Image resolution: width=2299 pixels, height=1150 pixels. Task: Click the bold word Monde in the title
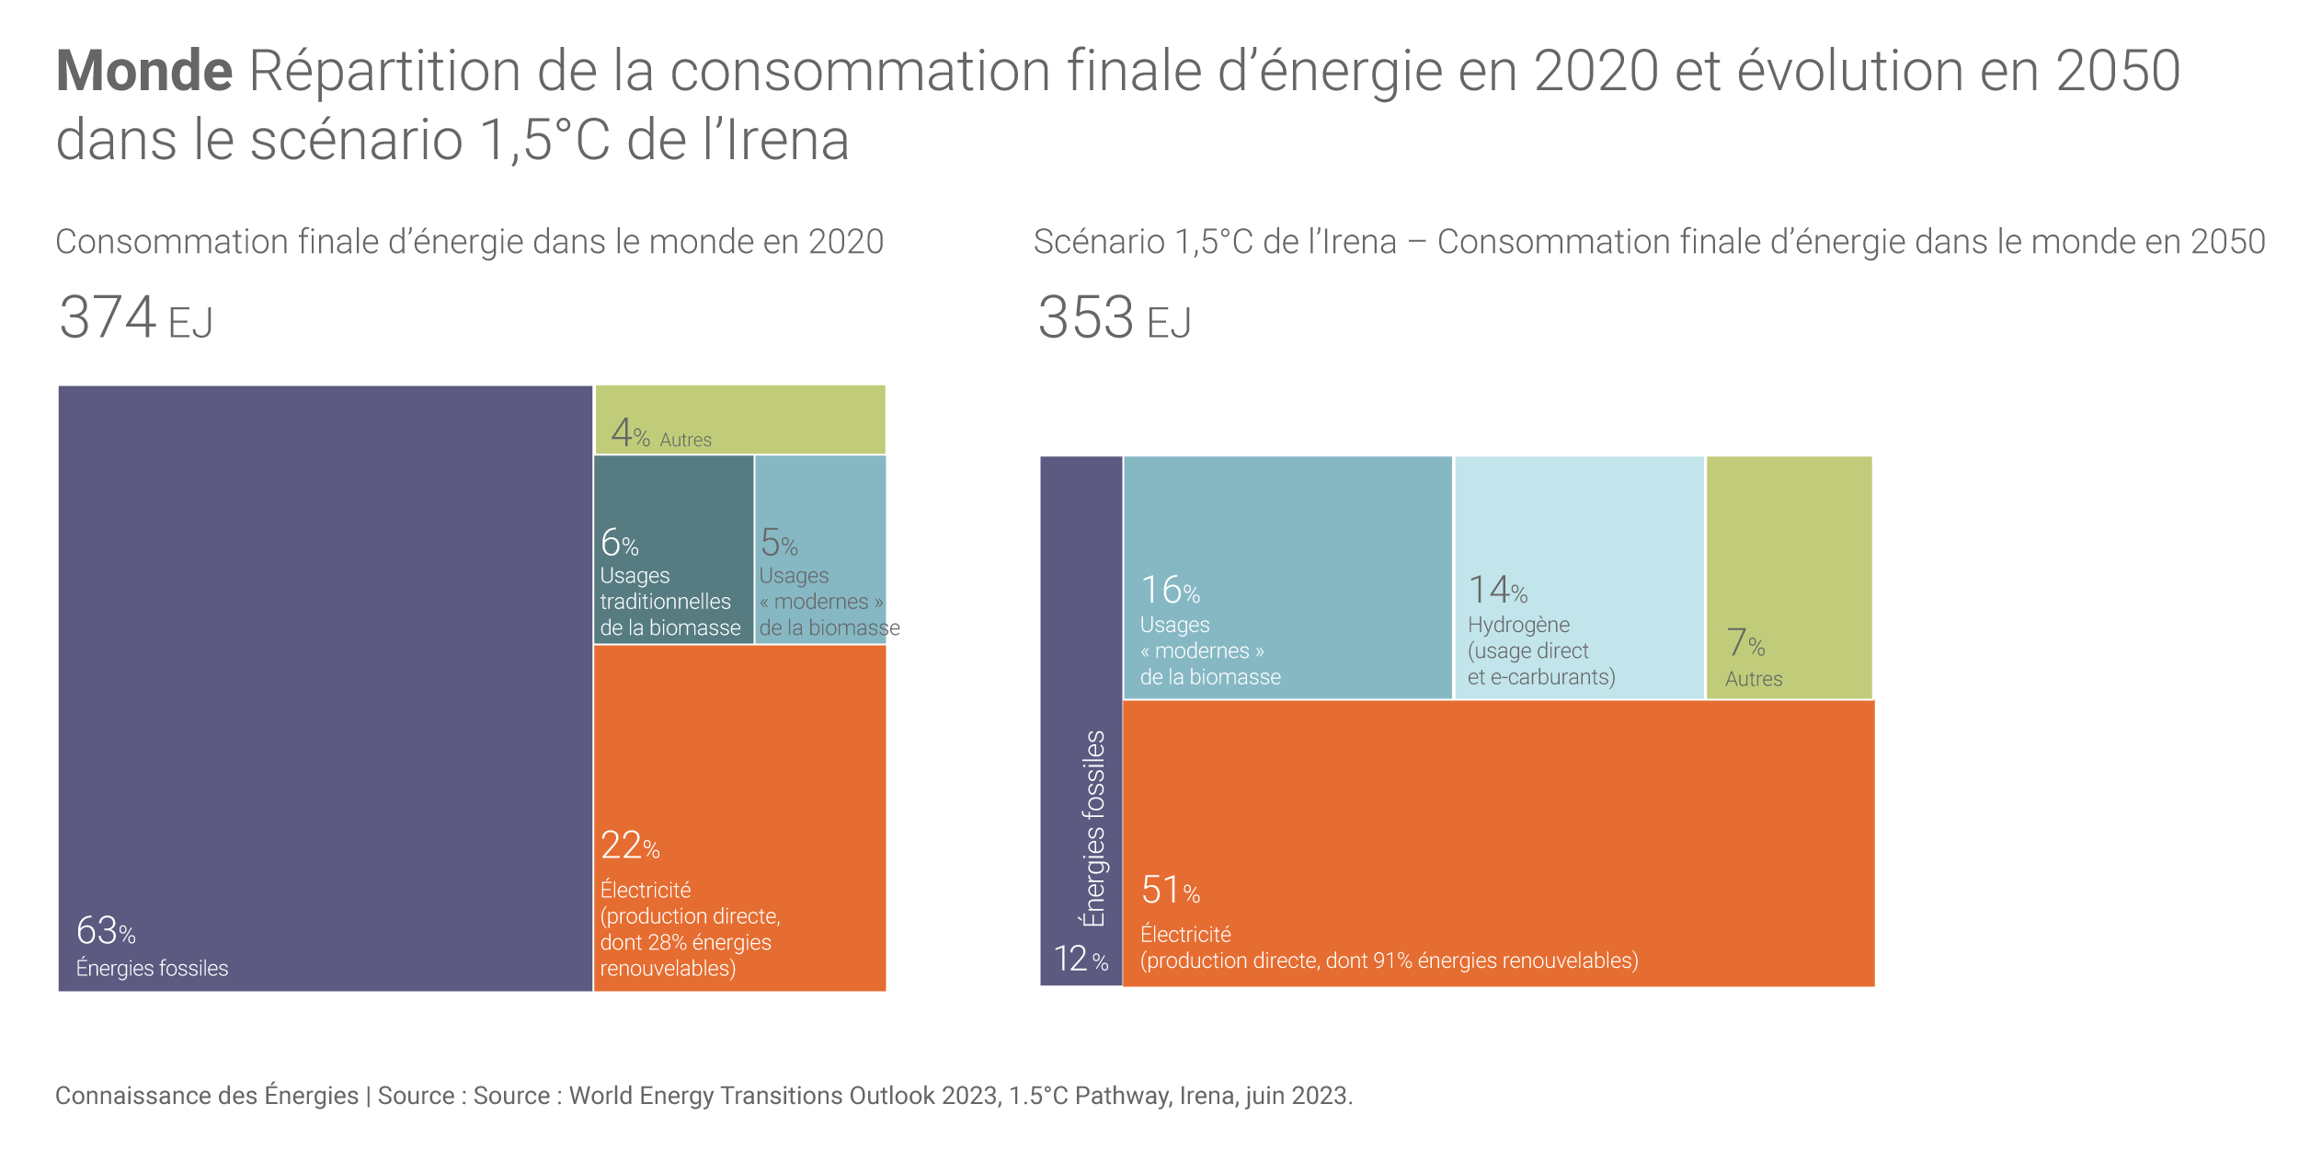144,72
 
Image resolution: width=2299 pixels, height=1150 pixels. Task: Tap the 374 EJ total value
135,318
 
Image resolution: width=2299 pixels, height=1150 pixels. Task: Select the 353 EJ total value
1114,318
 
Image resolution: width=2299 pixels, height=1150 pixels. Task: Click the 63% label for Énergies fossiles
106,932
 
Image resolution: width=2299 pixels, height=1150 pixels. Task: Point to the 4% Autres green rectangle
739,420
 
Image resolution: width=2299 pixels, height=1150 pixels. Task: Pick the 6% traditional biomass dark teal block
673,549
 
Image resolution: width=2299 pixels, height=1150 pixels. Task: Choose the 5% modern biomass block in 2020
819,549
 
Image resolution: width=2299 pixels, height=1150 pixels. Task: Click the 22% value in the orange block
630,846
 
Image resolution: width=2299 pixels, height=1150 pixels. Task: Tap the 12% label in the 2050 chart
1081,960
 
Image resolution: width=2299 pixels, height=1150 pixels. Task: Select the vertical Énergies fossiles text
1093,828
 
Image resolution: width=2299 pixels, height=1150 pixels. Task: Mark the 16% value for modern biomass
1170,591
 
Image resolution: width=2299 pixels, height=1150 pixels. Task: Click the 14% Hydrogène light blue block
1579,577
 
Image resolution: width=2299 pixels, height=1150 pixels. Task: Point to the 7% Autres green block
1789,577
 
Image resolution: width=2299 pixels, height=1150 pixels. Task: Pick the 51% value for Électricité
1170,891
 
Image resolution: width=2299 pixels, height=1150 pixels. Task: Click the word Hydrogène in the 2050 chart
1518,625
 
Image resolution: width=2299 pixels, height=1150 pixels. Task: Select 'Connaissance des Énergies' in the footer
207,1096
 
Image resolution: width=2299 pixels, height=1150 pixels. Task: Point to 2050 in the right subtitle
2227,242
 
